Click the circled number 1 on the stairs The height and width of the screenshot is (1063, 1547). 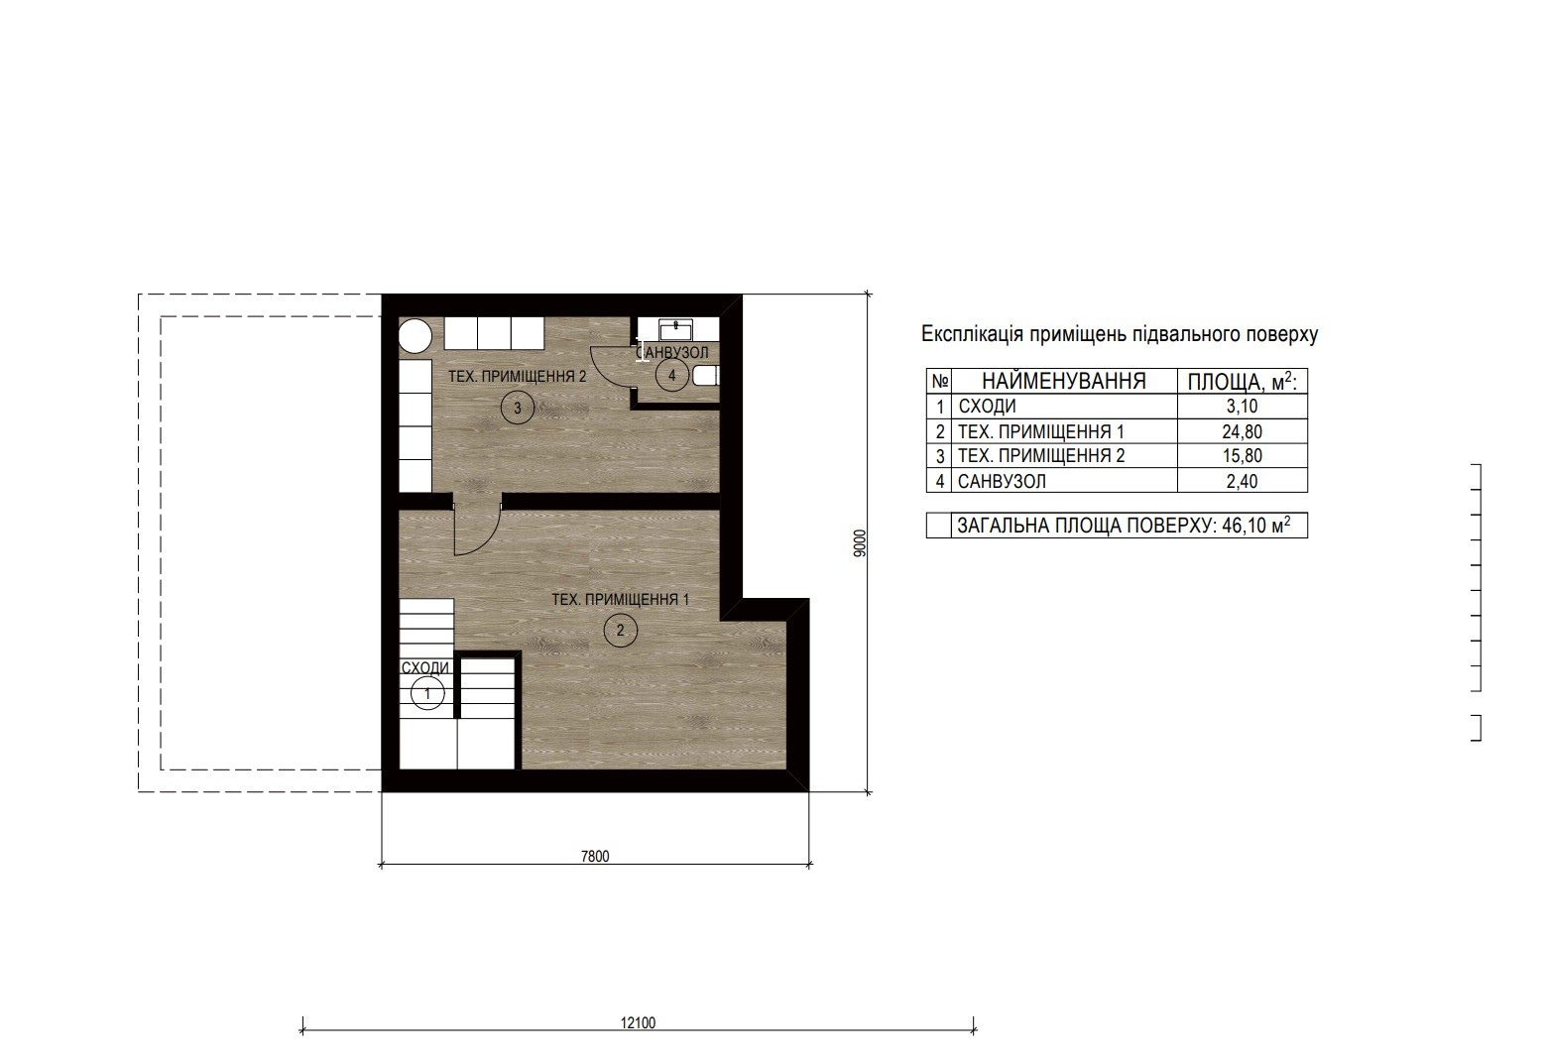[426, 693]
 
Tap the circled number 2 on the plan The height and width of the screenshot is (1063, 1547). [620, 630]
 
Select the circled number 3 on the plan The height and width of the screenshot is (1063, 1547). [518, 408]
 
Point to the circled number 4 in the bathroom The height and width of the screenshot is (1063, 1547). [672, 376]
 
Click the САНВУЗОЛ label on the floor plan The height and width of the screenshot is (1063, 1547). [672, 352]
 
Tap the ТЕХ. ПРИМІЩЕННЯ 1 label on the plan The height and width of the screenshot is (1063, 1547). [620, 600]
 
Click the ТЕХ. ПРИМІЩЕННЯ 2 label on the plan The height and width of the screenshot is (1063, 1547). [518, 377]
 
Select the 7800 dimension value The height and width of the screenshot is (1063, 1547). [595, 857]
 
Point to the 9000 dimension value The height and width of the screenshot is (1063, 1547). [859, 542]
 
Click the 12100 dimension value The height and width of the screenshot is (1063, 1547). [638, 1023]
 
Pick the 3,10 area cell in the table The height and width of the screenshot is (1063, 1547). [1242, 407]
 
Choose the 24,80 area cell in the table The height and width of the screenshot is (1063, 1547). [1242, 431]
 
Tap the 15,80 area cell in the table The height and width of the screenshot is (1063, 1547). [1242, 456]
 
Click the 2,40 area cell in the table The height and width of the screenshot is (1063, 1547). [1242, 481]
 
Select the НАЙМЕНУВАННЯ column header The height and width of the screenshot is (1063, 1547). [1063, 381]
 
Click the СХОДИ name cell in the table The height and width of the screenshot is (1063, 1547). [987, 407]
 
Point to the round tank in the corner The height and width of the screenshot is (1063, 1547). [416, 336]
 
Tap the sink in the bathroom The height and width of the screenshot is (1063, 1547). [676, 329]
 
